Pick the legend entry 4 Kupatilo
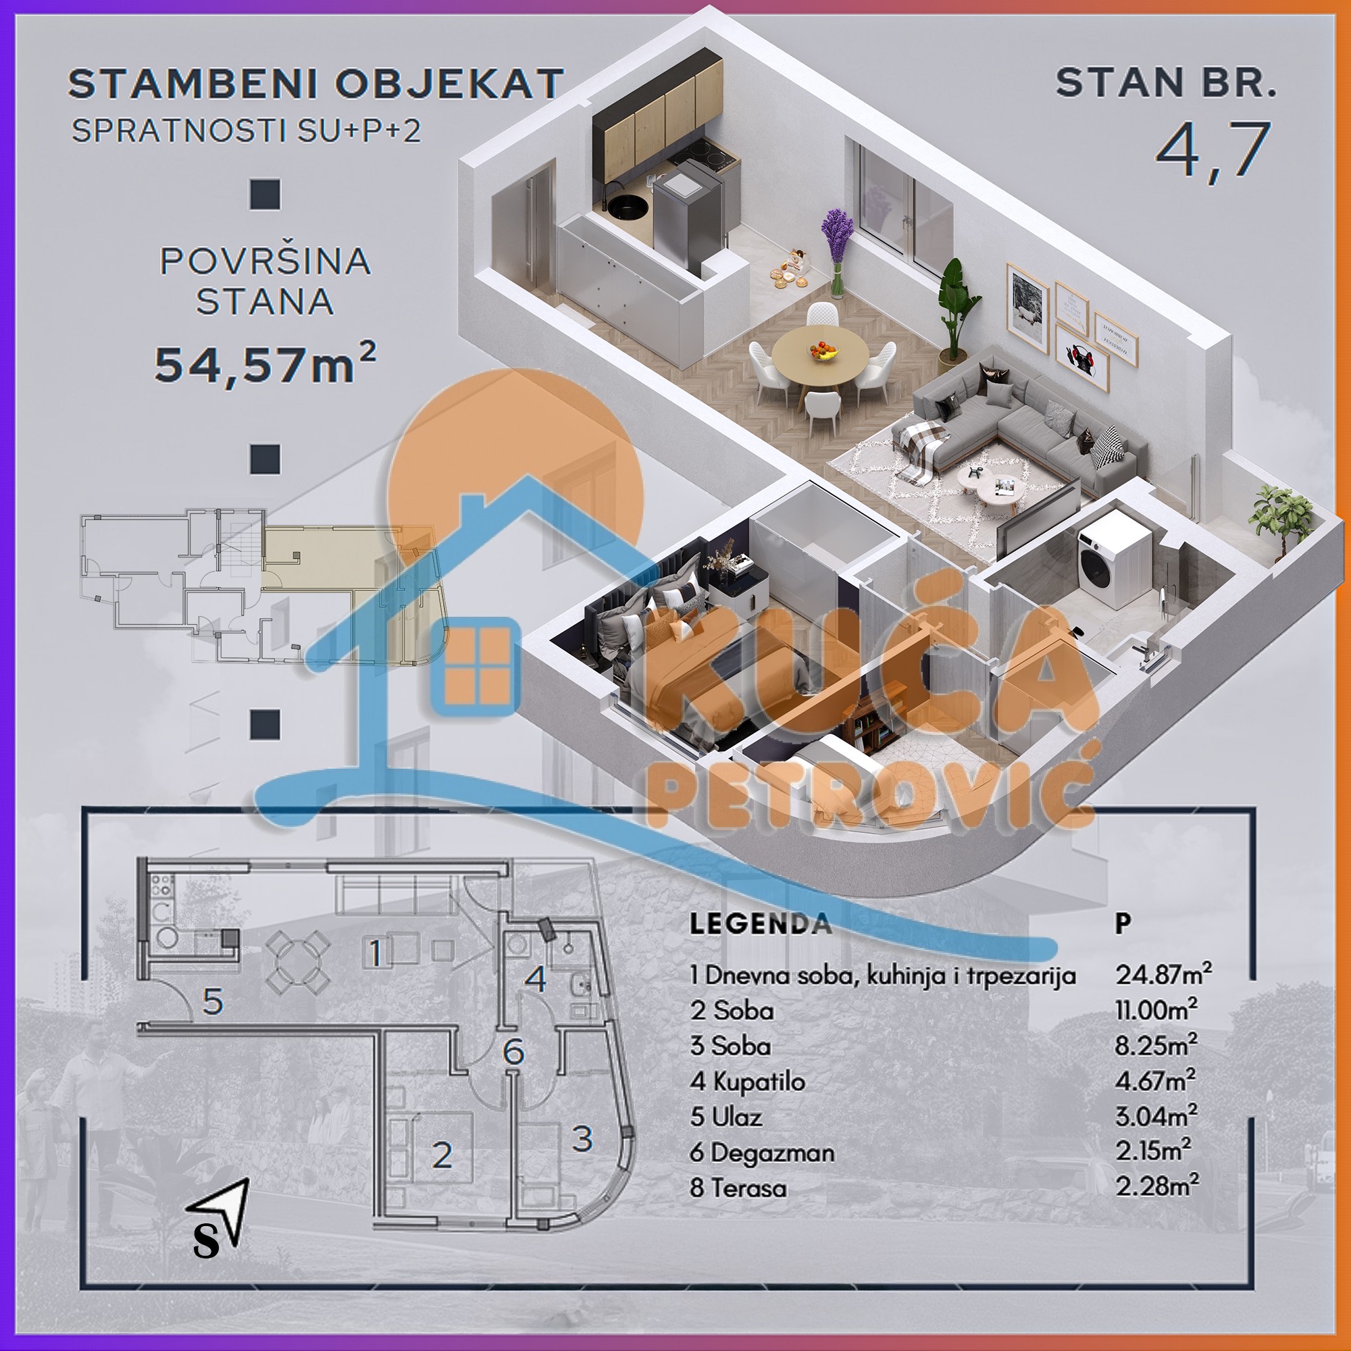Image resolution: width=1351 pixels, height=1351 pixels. coord(747,1081)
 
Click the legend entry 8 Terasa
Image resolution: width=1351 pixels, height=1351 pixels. coord(738,1188)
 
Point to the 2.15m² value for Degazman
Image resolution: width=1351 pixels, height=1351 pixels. coord(1153,1151)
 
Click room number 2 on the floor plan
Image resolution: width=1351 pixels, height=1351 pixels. coord(441,1155)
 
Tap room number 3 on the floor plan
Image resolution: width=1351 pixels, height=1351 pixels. coord(582,1138)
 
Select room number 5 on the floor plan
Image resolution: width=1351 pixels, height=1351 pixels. coord(213,1002)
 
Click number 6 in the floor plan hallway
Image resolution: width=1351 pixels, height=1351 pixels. coord(513,1052)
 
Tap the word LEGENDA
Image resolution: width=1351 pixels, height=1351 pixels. coord(761,923)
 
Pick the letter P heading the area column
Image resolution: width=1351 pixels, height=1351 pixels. coord(1122,923)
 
